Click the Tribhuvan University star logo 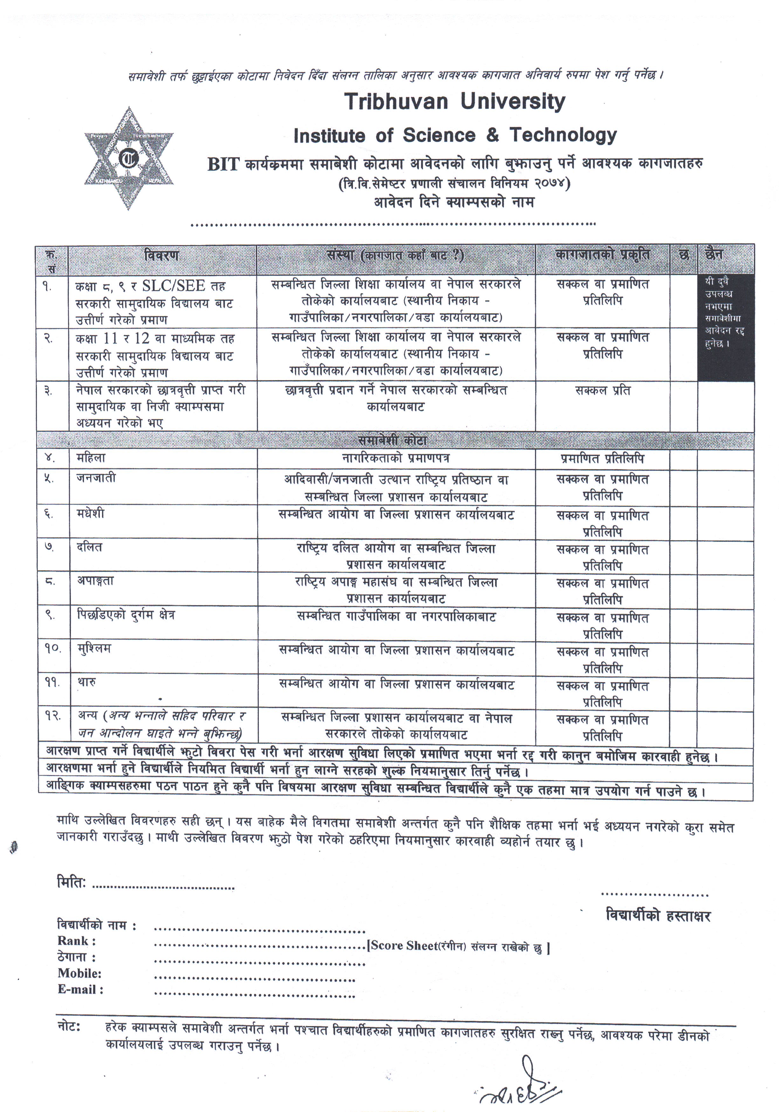click(129, 158)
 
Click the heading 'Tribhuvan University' click(455, 102)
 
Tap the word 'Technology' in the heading click(563, 135)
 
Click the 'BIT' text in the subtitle click(223, 165)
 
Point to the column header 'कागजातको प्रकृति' click(602, 255)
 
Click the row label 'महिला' click(91, 458)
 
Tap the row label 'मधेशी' click(91, 514)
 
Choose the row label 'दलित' click(90, 547)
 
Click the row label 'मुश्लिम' click(94, 648)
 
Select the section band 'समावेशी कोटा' click(393, 440)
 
